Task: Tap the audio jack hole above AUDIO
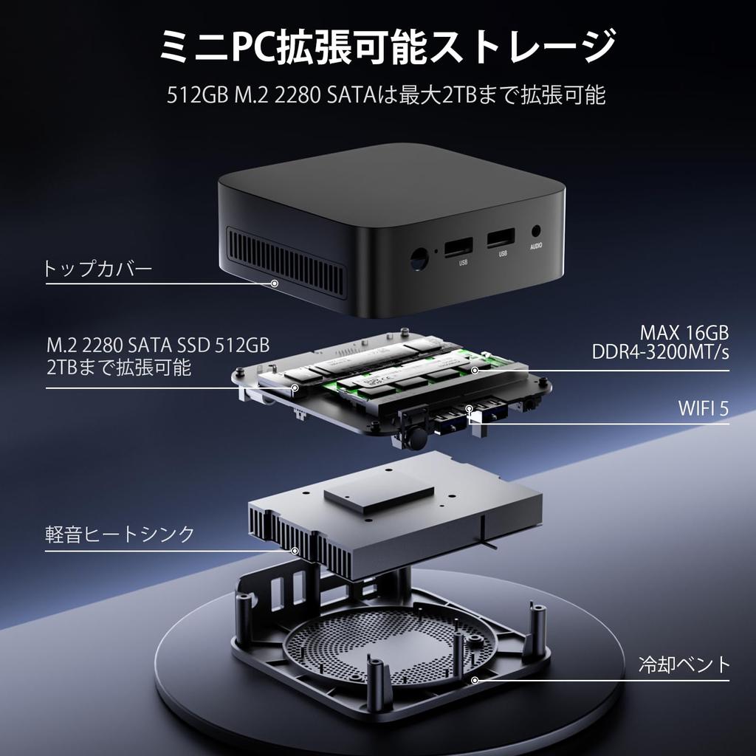537,232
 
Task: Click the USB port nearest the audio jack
502,241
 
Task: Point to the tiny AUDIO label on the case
537,249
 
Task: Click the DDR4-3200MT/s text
661,352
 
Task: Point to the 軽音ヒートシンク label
120,533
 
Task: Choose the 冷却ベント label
684,664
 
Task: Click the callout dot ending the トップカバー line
275,283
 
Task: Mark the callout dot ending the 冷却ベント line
475,680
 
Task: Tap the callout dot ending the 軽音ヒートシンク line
295,550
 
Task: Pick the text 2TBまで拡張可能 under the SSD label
118,367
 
